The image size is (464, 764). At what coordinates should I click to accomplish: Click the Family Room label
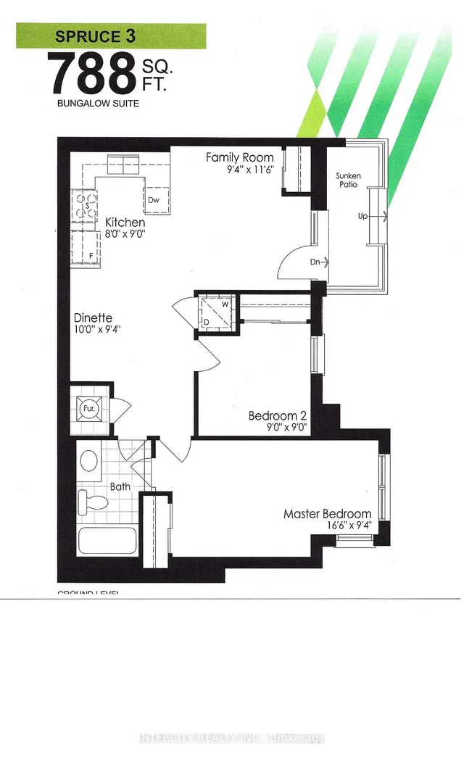click(239, 157)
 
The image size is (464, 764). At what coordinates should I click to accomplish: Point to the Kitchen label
click(125, 222)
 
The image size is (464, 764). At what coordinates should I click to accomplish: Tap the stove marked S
click(86, 205)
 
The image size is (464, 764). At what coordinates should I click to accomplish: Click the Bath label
click(120, 486)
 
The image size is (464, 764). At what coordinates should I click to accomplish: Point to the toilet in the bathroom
click(91, 501)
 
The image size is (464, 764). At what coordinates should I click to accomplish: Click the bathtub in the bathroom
click(106, 544)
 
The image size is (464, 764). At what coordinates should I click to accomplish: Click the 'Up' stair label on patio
click(362, 216)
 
